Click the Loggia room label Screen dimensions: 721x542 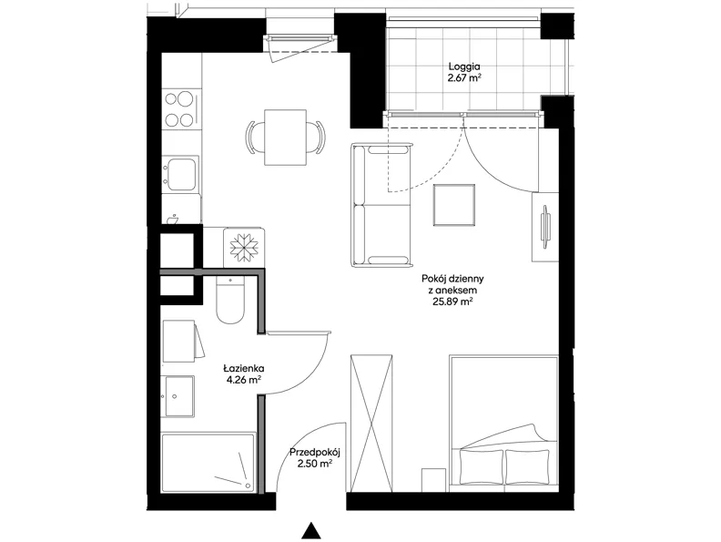pyautogui.click(x=464, y=66)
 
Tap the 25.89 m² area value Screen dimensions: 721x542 pyautogui.click(x=452, y=302)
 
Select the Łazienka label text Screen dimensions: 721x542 pyautogui.click(x=244, y=369)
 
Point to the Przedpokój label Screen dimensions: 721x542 pyautogui.click(x=314, y=453)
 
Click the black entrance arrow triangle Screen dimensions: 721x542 pyautogui.click(x=311, y=531)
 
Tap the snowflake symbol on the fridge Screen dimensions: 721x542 pyautogui.click(x=244, y=248)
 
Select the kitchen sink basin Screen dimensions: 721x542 pyautogui.click(x=181, y=174)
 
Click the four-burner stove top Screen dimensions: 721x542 pyautogui.click(x=182, y=108)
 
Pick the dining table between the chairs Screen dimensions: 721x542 pyautogui.click(x=285, y=138)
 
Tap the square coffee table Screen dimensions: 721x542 pyautogui.click(x=454, y=205)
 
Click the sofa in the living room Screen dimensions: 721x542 pyautogui.click(x=381, y=205)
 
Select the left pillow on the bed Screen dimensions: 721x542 pyautogui.click(x=481, y=466)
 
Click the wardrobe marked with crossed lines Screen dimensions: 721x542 pyautogui.click(x=371, y=424)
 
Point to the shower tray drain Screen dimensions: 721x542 pyautogui.click(x=248, y=485)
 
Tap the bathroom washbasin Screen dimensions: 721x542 pyautogui.click(x=179, y=395)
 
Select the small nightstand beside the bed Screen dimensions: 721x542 pyautogui.click(x=433, y=480)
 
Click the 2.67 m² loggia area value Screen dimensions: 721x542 pyautogui.click(x=464, y=77)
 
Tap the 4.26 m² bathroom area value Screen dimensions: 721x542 pyautogui.click(x=244, y=380)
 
